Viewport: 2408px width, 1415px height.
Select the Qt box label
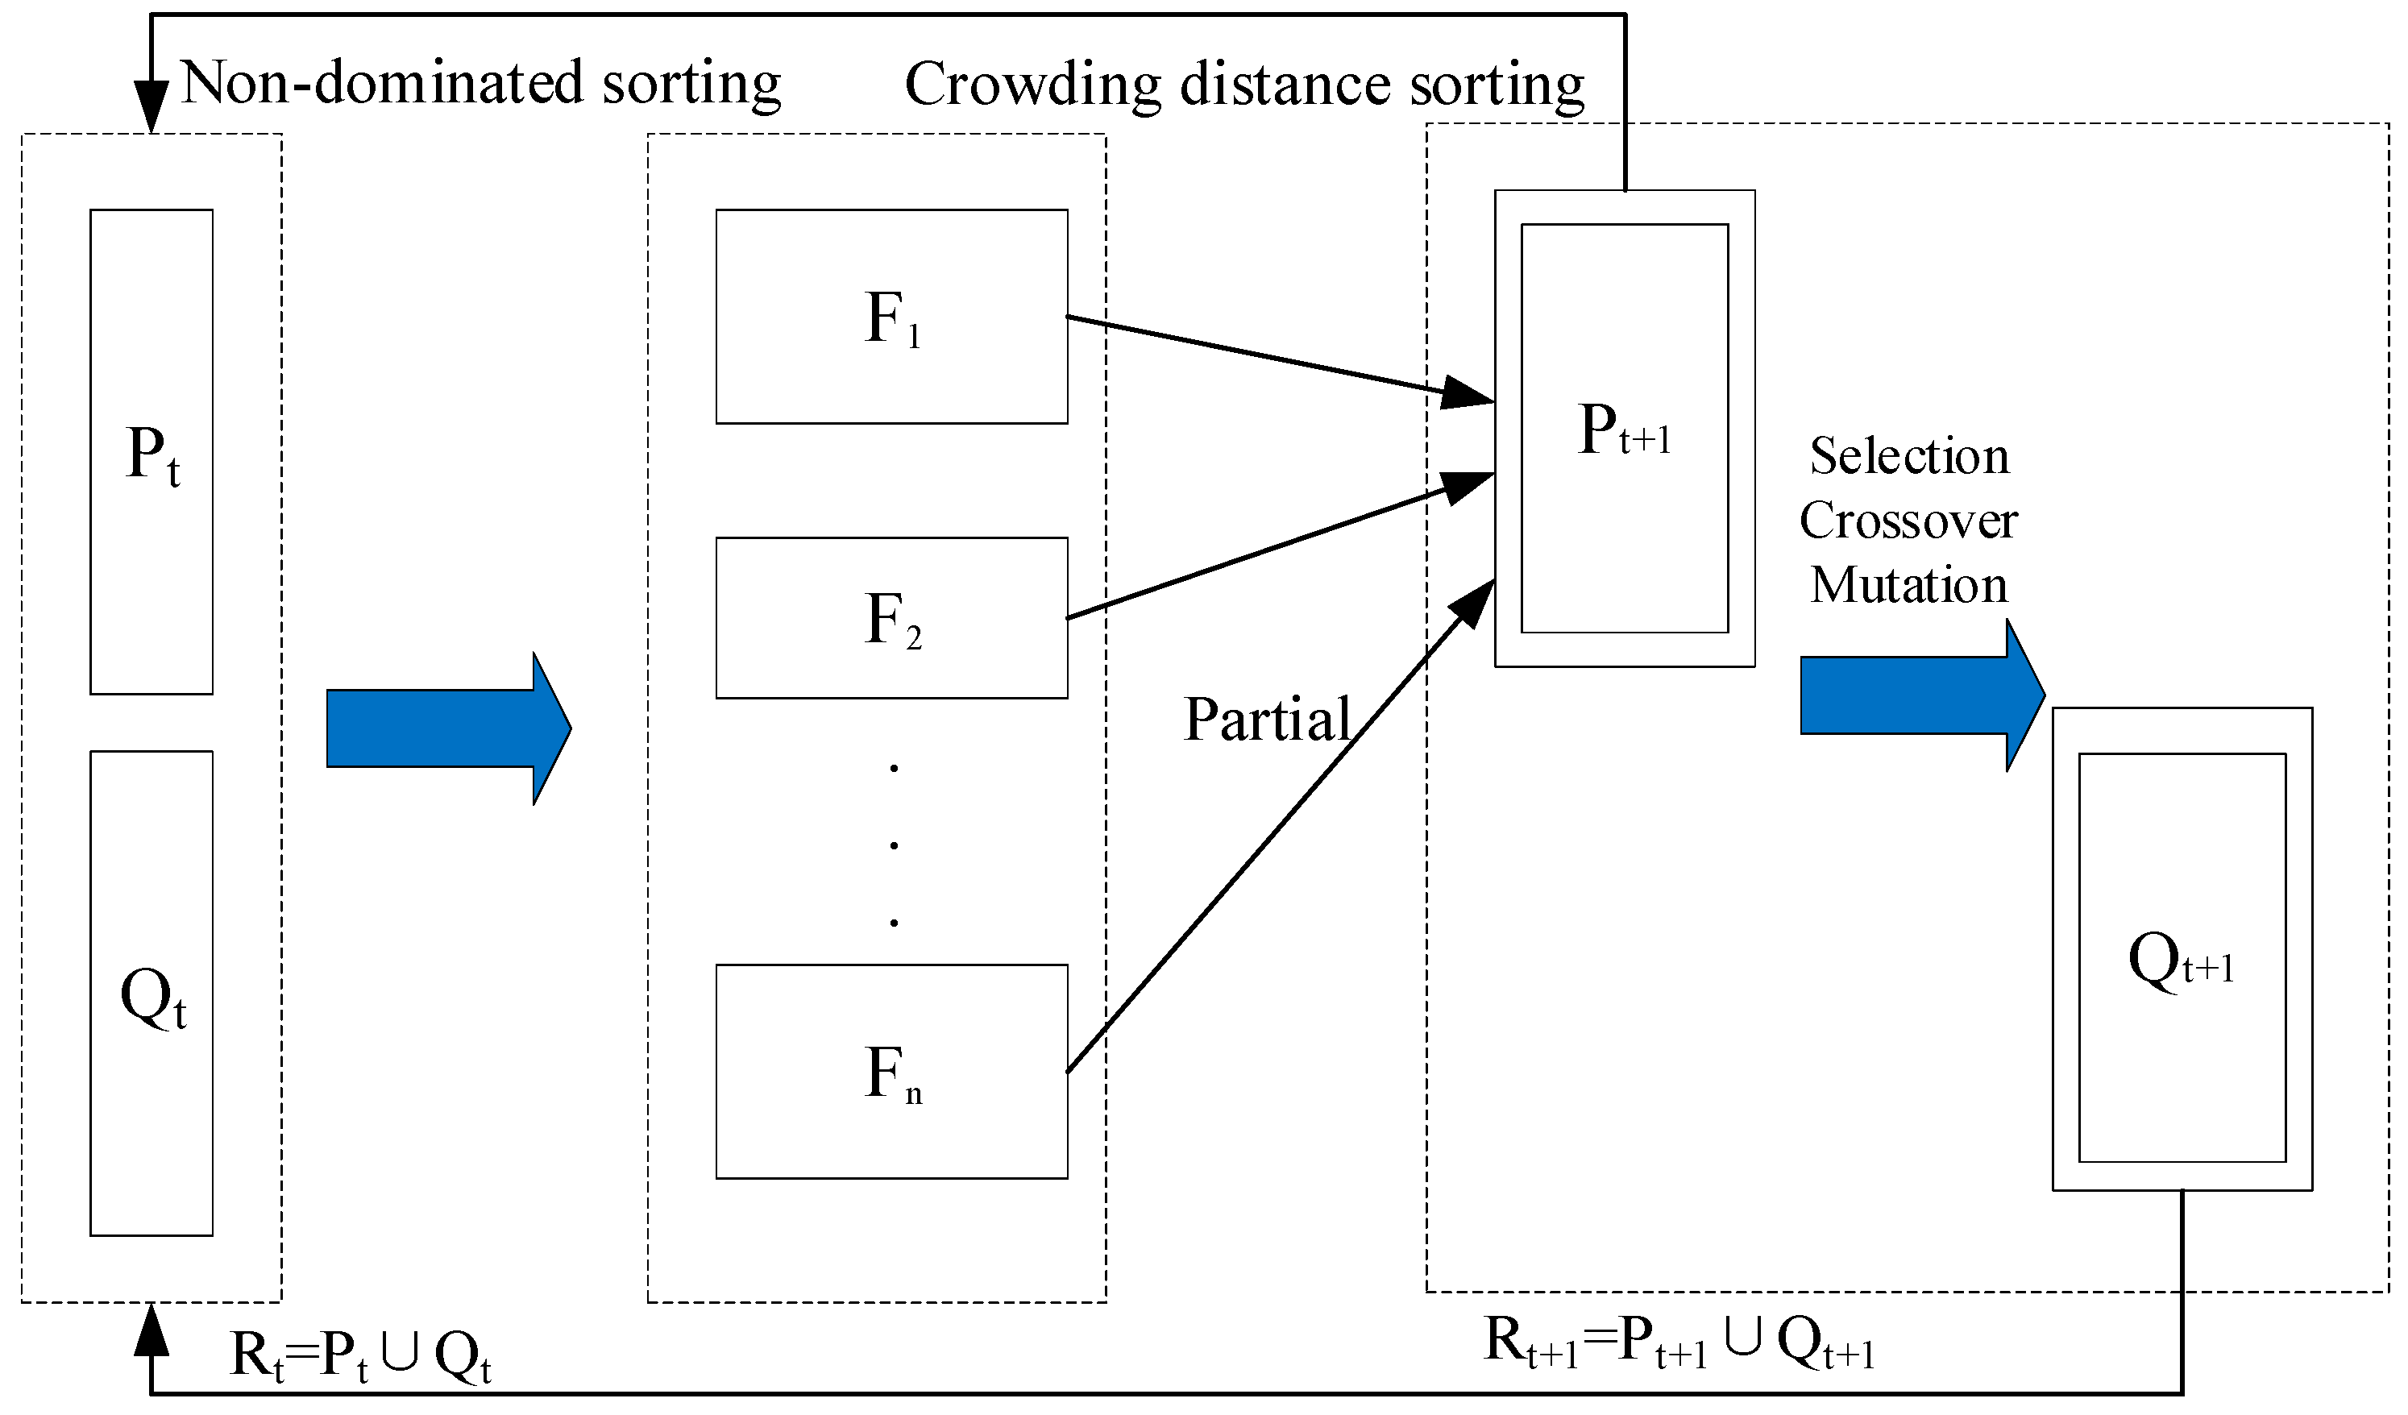coord(153,998)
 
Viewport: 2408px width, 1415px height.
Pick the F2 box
coord(891,618)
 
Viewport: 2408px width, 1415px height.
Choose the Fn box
coord(891,1072)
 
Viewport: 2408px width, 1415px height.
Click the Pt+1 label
coord(1624,430)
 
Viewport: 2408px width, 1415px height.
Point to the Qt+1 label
coord(2182,961)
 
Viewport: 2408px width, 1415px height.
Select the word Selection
coord(1908,456)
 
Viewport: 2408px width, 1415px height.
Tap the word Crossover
coord(1908,521)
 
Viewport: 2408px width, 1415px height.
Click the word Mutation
coord(1908,585)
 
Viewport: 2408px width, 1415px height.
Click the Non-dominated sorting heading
coord(480,83)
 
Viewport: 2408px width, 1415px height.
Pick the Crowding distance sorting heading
coord(1243,85)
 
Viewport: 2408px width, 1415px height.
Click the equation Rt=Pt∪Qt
coord(360,1355)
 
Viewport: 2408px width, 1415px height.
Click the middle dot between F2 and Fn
coord(894,844)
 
